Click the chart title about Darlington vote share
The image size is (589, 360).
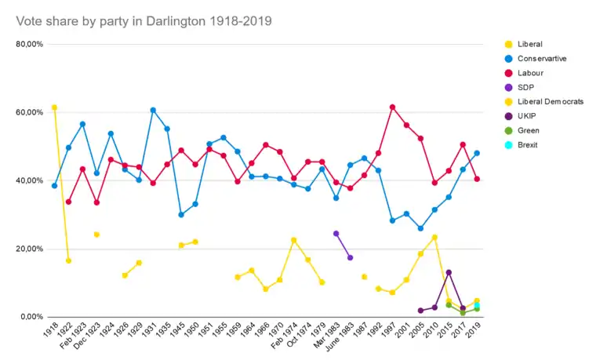click(144, 21)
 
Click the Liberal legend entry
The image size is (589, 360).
click(529, 44)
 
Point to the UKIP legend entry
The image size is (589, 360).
click(528, 116)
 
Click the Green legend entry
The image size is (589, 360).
click(529, 131)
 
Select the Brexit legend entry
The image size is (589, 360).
click(529, 145)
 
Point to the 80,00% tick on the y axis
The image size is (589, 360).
click(30, 45)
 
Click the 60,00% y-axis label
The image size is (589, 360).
click(30, 113)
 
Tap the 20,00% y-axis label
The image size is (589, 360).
click(30, 249)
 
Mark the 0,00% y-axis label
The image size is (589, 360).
click(31, 317)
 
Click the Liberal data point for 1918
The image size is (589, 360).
click(54, 107)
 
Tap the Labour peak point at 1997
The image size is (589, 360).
click(392, 107)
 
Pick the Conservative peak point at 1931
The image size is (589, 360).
click(153, 110)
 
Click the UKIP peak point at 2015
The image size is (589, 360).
click(449, 272)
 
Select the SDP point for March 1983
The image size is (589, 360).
click(336, 233)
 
